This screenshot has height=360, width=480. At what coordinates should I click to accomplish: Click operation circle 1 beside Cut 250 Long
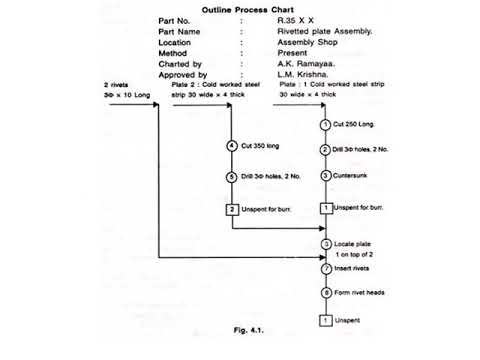325,124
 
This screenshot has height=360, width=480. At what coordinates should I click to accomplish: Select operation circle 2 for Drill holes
325,150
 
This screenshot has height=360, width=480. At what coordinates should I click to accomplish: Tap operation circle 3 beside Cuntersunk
325,176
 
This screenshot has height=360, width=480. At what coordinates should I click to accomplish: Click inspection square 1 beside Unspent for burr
325,209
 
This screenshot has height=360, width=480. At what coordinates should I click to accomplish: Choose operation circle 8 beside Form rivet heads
325,293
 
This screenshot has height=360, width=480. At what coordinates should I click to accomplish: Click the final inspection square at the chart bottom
325,320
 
